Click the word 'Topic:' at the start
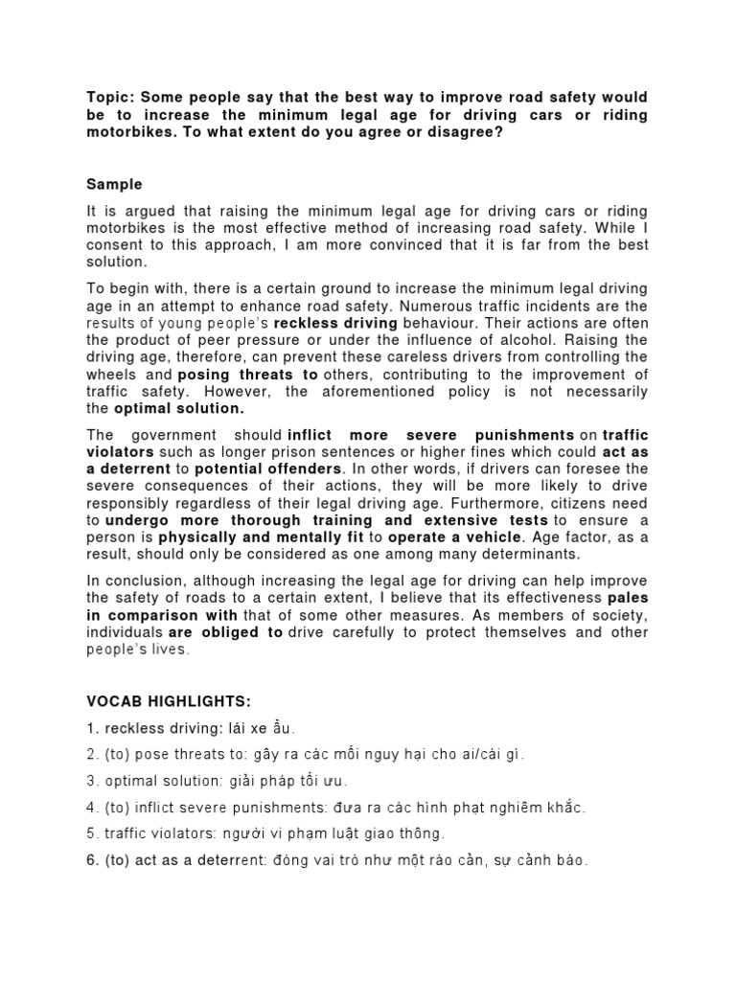click(110, 98)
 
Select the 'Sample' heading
click(115, 183)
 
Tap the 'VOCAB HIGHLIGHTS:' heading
click(169, 702)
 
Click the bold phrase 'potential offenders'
click(268, 469)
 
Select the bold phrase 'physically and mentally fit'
click(249, 538)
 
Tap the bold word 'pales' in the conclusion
click(627, 598)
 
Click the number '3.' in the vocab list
click(93, 781)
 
